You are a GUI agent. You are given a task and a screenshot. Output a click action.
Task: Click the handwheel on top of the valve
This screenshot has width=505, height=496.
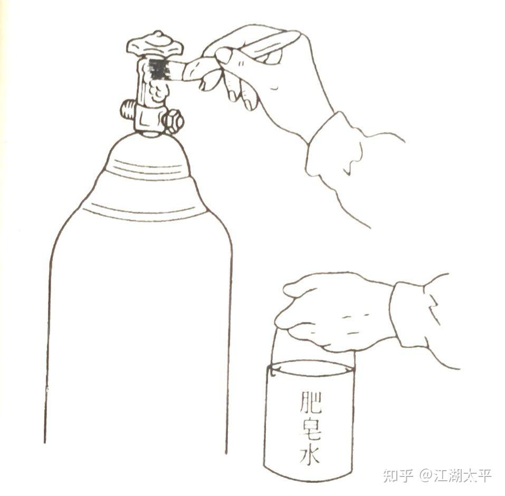[x=155, y=45]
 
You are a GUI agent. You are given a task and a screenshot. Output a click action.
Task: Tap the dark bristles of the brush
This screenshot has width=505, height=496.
[x=158, y=69]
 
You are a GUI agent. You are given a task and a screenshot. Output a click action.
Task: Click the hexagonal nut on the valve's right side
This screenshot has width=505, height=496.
[x=174, y=121]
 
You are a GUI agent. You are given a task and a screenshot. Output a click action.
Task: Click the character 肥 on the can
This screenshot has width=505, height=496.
[x=310, y=403]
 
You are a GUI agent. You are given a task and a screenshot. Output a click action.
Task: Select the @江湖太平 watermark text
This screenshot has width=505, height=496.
[x=455, y=475]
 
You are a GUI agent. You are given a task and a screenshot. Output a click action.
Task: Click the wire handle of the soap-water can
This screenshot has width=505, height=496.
[x=274, y=351]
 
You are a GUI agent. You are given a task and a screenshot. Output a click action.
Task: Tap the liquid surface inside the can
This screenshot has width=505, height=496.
[x=310, y=368]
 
